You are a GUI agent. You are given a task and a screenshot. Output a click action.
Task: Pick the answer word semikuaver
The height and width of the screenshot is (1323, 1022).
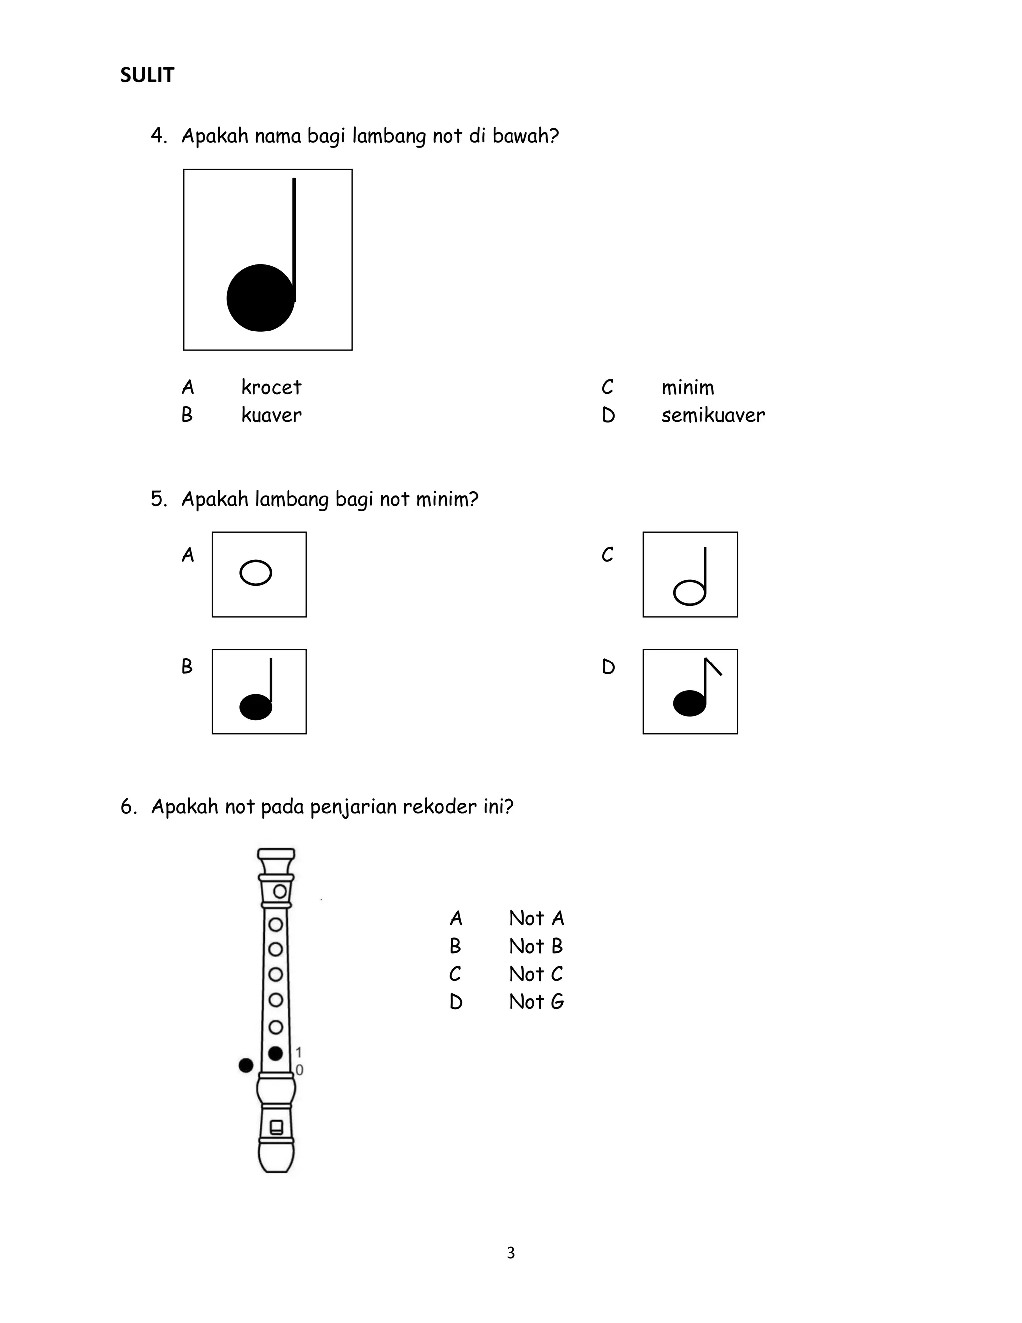point(712,415)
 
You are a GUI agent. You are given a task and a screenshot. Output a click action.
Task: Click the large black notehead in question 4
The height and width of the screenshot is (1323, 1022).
point(260,298)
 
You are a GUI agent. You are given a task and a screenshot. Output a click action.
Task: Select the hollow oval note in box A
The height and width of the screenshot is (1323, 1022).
point(255,573)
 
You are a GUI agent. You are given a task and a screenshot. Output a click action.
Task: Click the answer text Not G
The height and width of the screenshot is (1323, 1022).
point(536,1002)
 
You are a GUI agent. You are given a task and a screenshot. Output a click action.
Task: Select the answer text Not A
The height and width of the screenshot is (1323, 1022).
point(536,918)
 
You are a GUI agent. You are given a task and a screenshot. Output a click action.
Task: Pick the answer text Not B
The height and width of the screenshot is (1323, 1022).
point(536,946)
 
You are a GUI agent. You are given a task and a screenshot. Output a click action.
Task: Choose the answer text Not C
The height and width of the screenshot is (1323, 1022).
point(536,974)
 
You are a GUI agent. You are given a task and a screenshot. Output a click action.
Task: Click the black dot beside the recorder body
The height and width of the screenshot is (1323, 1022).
point(245,1065)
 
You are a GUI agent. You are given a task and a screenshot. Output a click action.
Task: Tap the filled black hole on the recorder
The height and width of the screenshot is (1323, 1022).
point(275,1053)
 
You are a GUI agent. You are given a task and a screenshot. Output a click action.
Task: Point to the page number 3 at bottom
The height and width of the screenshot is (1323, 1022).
point(511,1253)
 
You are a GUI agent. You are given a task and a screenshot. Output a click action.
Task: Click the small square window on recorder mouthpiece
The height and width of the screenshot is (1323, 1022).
point(276,1127)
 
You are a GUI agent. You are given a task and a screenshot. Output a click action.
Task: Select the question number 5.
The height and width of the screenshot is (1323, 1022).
point(158,499)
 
